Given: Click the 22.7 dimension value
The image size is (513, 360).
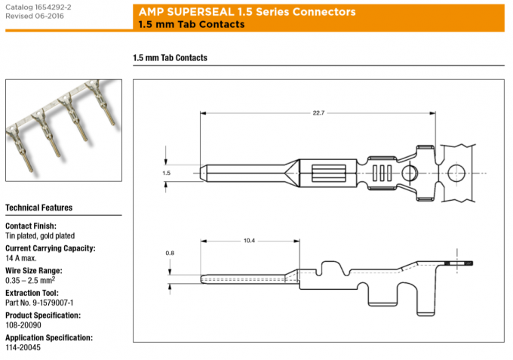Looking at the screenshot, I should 318,113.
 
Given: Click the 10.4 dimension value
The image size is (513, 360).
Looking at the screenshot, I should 249,241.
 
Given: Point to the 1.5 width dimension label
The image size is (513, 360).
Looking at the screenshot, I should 167,173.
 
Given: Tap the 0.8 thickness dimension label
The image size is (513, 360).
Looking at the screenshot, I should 170,254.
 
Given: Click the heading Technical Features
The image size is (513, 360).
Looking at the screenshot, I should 38,208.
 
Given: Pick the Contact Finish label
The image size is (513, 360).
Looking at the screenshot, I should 31,226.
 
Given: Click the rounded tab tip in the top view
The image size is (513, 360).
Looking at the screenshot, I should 206,173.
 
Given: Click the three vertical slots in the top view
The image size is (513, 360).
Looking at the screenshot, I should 382,173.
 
